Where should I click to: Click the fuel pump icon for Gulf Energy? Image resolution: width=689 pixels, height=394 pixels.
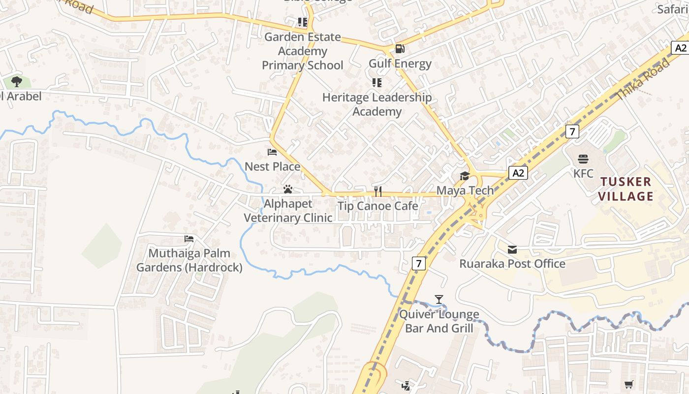[400, 49]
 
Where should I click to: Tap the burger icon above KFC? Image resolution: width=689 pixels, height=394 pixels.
[583, 159]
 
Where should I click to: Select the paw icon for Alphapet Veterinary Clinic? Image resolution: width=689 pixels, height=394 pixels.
[288, 189]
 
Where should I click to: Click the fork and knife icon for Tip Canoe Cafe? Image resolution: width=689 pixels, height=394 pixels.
[378, 191]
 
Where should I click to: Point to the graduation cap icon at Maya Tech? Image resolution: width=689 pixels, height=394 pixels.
[465, 176]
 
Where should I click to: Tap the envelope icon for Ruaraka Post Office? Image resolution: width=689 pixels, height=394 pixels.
[512, 249]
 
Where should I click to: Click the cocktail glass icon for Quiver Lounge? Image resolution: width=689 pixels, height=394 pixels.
[439, 299]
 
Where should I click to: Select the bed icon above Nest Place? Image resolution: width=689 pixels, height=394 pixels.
[272, 152]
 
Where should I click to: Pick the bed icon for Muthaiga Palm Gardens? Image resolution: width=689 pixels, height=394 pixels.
[189, 239]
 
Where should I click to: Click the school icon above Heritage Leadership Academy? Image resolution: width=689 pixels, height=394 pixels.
[377, 83]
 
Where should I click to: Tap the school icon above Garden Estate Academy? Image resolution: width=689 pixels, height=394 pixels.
[302, 22]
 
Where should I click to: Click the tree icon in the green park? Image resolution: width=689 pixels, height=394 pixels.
[17, 81]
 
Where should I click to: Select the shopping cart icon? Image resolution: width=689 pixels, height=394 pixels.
[628, 385]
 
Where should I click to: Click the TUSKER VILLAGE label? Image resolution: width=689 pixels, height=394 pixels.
[626, 189]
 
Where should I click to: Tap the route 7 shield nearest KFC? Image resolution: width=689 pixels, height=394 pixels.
[571, 131]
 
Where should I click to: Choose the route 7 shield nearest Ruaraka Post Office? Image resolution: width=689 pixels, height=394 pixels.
[418, 263]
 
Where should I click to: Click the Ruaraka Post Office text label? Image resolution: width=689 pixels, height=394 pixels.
[512, 264]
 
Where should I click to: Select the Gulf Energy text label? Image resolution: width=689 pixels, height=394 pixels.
[400, 64]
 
